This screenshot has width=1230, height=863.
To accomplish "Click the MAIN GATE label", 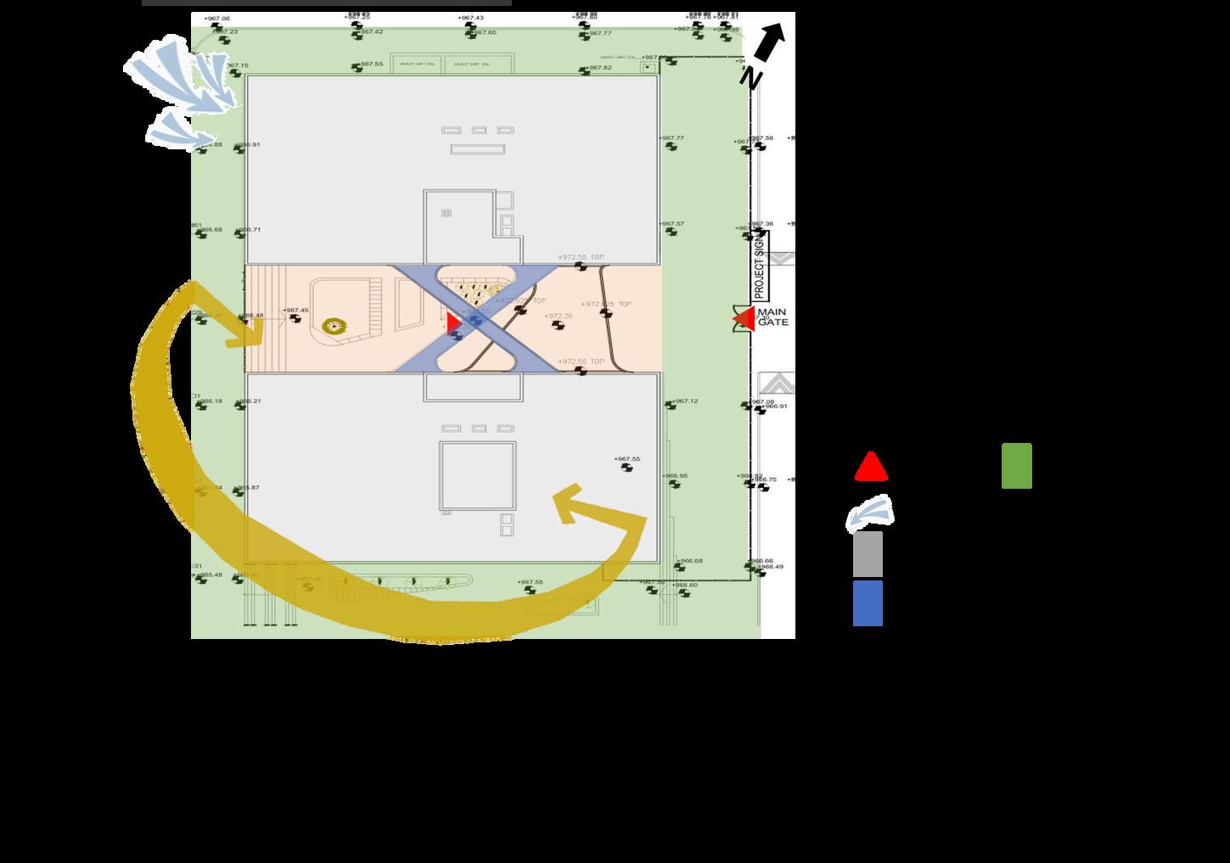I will pos(772,317).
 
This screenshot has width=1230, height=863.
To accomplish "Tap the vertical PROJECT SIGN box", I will pos(759,266).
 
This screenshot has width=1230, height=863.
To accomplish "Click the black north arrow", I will pos(769,42).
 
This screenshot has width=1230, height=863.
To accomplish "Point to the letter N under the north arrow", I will pos(750,78).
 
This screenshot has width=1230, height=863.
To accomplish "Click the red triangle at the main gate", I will pos(744,318).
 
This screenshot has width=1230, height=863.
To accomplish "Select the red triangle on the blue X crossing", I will pos(453,322).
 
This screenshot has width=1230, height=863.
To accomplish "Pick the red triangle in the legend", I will pos(871,468).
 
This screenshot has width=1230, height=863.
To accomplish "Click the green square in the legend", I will pos(1016,466).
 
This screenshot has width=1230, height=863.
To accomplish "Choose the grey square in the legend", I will pos(868,554).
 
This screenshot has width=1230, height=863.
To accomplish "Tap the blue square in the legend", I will pos(868,603).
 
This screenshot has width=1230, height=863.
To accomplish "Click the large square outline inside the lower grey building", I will pos(477,476).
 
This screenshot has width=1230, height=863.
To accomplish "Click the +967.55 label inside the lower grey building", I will pos(626,459).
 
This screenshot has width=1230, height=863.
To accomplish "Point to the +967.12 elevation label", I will pos(684,401).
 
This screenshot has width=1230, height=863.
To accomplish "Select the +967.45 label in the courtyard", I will pos(295,310).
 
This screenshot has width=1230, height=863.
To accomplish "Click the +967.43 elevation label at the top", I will pos(470,18).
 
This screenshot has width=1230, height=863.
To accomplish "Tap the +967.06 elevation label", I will pos(216,18).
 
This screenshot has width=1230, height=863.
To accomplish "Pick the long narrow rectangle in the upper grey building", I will pos(477,149).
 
